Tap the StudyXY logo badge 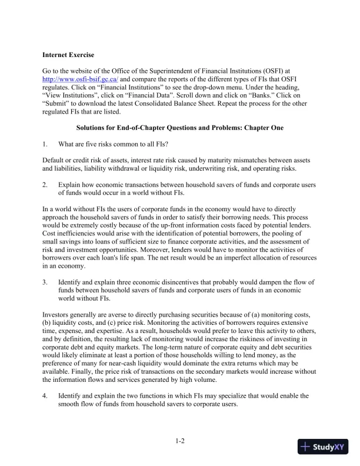coord(322,447)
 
